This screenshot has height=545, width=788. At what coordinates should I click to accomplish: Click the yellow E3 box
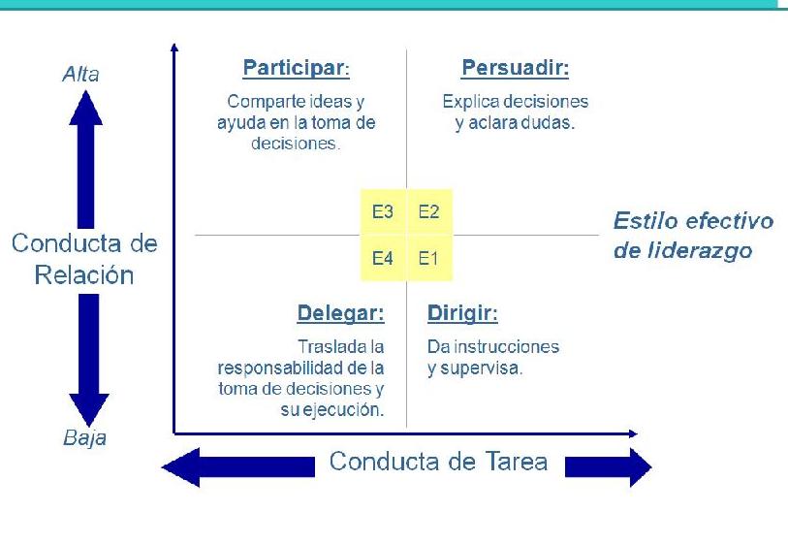pos(383,212)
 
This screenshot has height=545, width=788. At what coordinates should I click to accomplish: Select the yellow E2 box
pos(428,212)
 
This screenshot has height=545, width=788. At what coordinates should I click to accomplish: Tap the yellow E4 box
pos(383,259)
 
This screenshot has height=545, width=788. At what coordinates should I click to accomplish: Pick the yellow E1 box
pos(428,259)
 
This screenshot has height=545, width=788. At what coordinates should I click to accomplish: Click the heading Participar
pos(295,69)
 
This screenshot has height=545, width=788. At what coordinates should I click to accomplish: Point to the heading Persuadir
pos(515,69)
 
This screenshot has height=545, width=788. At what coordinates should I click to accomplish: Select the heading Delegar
pos(340,314)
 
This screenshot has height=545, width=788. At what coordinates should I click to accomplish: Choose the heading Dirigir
pos(462,314)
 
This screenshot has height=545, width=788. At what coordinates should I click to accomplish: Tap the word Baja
pos(84,438)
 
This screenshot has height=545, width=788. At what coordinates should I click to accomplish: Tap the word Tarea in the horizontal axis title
pos(509,462)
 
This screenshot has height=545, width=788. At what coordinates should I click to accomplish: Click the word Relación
pos(84,274)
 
